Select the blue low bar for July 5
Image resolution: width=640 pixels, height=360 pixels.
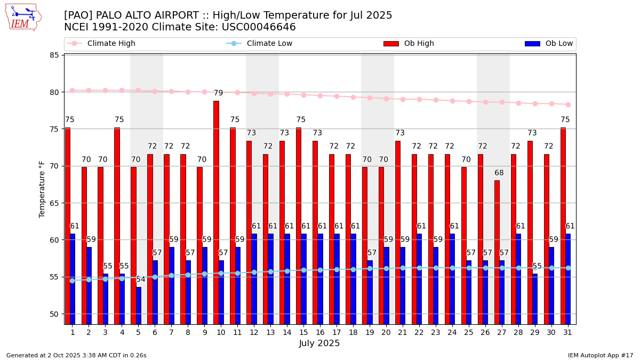pos(139,306)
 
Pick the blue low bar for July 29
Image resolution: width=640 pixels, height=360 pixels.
pos(535,299)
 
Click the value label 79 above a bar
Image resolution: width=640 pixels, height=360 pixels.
pos(218,93)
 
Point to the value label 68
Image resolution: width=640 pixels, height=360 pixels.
pos(499,173)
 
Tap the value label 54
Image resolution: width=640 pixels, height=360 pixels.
pos(141,279)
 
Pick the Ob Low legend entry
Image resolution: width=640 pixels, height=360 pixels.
pos(557,44)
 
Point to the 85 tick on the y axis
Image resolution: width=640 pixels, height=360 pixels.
pos(54,55)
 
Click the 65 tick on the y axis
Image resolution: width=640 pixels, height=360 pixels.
pos(54,203)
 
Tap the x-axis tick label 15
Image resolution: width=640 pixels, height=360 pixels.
pos(303,332)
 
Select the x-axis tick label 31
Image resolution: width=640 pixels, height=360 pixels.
pos(567,332)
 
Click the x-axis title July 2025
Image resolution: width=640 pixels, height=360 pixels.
pos(319,343)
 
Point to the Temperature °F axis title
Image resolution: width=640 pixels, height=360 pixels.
pos(43,189)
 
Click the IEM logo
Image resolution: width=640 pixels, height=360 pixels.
pos(23,17)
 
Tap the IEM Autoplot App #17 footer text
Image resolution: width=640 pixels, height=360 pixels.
pos(600,355)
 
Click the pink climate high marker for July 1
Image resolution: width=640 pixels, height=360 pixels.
pos(72,91)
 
